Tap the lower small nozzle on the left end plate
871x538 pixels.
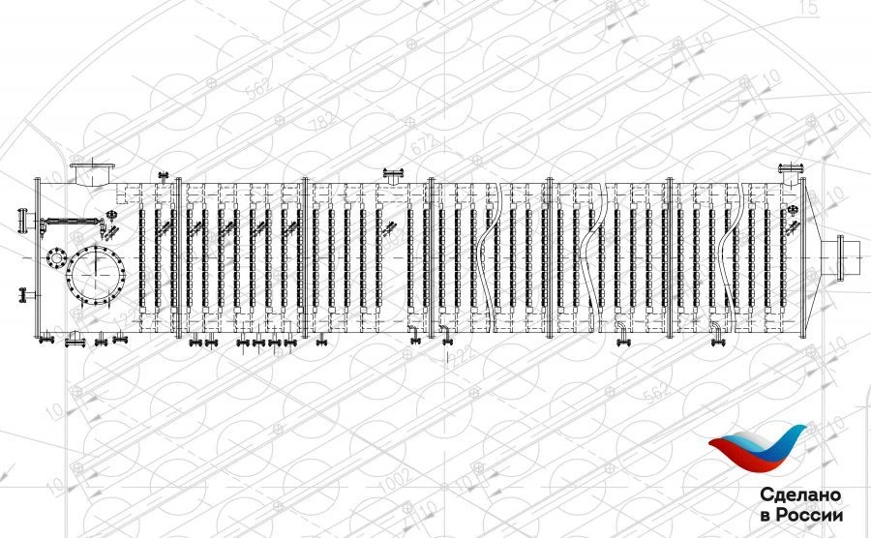[x=22, y=293]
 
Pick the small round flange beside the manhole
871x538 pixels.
[x=54, y=258]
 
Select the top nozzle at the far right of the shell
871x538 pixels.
[x=793, y=175]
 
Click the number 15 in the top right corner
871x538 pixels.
[x=810, y=9]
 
